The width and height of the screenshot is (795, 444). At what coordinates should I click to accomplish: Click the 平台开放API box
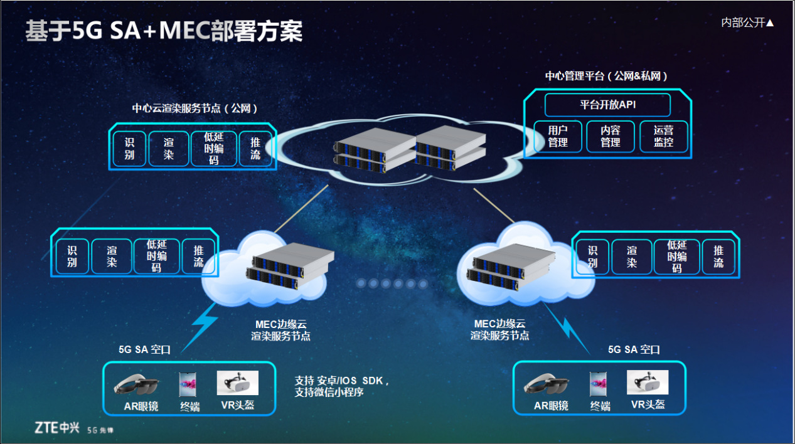click(x=607, y=105)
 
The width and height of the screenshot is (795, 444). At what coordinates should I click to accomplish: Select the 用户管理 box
click(x=557, y=136)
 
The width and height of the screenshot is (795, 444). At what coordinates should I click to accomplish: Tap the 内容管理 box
click(x=610, y=136)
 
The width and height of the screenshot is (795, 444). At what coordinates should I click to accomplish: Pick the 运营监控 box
click(x=663, y=136)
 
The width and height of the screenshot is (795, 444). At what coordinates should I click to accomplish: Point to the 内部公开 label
click(x=747, y=23)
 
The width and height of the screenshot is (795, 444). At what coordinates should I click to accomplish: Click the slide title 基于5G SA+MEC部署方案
click(x=164, y=31)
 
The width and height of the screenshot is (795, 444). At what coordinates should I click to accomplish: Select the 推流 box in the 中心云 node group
click(x=255, y=149)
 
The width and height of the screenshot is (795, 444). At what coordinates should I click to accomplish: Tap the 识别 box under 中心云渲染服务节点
click(x=129, y=149)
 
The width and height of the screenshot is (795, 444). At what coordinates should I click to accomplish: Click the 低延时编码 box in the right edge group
click(x=676, y=256)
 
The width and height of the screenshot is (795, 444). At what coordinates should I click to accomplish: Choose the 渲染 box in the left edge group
click(x=112, y=256)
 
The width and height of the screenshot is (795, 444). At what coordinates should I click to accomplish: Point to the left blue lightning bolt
click(x=203, y=324)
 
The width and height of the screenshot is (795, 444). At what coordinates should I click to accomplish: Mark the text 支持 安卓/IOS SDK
click(x=342, y=381)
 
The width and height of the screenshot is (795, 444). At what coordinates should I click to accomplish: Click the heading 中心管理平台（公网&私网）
click(x=606, y=76)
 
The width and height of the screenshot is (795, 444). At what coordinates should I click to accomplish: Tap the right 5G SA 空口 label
click(x=634, y=349)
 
